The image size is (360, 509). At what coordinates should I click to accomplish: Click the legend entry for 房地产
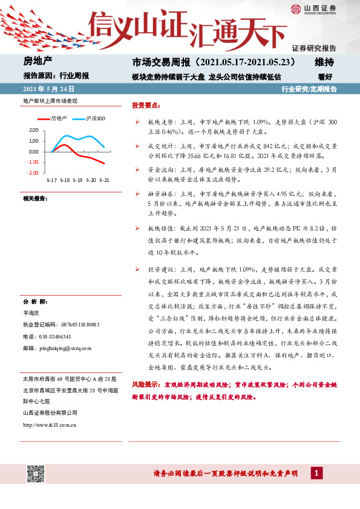coord(58,118)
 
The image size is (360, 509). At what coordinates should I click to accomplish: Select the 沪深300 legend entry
coord(94,118)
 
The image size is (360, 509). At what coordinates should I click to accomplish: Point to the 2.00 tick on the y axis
coord(33,130)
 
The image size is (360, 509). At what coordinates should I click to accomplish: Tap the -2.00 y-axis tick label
coord(32,173)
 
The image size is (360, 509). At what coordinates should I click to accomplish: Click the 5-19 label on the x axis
coord(77,180)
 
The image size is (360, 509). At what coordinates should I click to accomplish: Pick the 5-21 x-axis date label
coord(104,180)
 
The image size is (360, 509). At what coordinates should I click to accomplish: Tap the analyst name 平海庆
coord(31,313)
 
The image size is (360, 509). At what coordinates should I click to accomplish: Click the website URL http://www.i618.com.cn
coord(49,424)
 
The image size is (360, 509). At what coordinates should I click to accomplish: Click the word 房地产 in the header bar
coord(38,62)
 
